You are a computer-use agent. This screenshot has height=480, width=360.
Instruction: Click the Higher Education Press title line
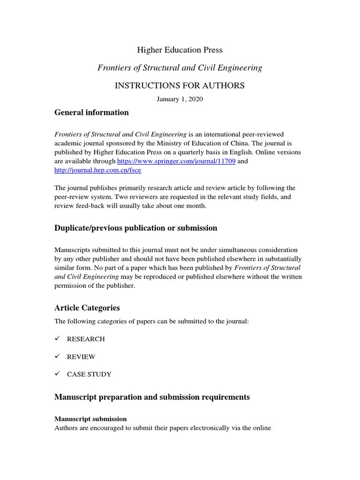(180, 50)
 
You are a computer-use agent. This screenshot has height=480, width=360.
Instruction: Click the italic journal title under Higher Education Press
(180, 68)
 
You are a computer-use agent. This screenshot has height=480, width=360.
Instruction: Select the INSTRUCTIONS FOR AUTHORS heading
(180, 85)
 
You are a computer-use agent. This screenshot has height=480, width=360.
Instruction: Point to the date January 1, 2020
(180, 99)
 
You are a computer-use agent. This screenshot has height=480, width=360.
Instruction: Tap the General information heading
(91, 112)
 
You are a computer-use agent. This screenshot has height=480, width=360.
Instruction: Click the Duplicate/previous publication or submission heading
(136, 228)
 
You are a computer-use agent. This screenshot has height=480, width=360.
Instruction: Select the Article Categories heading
(87, 308)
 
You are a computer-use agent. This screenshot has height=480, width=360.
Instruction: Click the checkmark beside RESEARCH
(57, 338)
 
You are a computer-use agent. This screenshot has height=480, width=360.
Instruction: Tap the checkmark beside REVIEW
(57, 356)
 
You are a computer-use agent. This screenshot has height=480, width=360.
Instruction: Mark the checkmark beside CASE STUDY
(57, 374)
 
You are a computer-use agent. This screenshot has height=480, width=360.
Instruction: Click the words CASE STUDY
(89, 375)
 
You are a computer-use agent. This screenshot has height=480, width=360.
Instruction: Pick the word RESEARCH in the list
(86, 339)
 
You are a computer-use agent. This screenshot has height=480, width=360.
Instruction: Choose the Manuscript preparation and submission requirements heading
(152, 397)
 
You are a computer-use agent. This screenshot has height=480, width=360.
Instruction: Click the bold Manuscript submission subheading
(90, 419)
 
